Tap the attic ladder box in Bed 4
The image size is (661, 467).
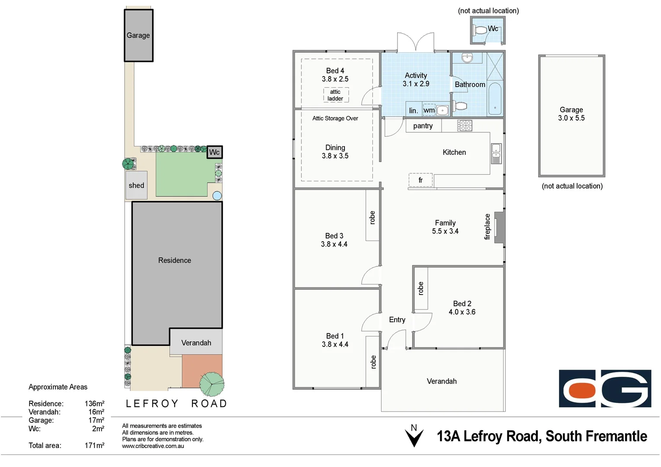pyautogui.click(x=336, y=95)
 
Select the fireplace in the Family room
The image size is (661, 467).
pyautogui.click(x=499, y=227)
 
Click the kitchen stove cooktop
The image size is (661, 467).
pyautogui.click(x=465, y=126)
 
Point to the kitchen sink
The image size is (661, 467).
pyautogui.click(x=496, y=154)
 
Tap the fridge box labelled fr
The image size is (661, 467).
pyautogui.click(x=420, y=180)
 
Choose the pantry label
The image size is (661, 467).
pyautogui.click(x=423, y=126)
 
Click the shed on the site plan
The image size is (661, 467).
pyautogui.click(x=136, y=185)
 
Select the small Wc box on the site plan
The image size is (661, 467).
pyautogui.click(x=215, y=152)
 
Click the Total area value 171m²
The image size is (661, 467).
pyautogui.click(x=94, y=445)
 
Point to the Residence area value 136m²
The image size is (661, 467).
pyautogui.click(x=94, y=403)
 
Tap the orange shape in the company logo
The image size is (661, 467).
pyautogui.click(x=582, y=390)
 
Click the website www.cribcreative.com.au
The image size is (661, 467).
pyautogui.click(x=153, y=446)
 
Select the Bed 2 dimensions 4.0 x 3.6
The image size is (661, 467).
pyautogui.click(x=462, y=312)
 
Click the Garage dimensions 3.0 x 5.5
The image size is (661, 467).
pyautogui.click(x=571, y=118)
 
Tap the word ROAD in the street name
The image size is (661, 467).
pyautogui.click(x=209, y=403)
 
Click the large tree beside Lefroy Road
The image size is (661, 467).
pyautogui.click(x=212, y=384)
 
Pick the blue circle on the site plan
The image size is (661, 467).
pyautogui.click(x=217, y=196)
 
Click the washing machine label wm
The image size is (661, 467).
pyautogui.click(x=429, y=110)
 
